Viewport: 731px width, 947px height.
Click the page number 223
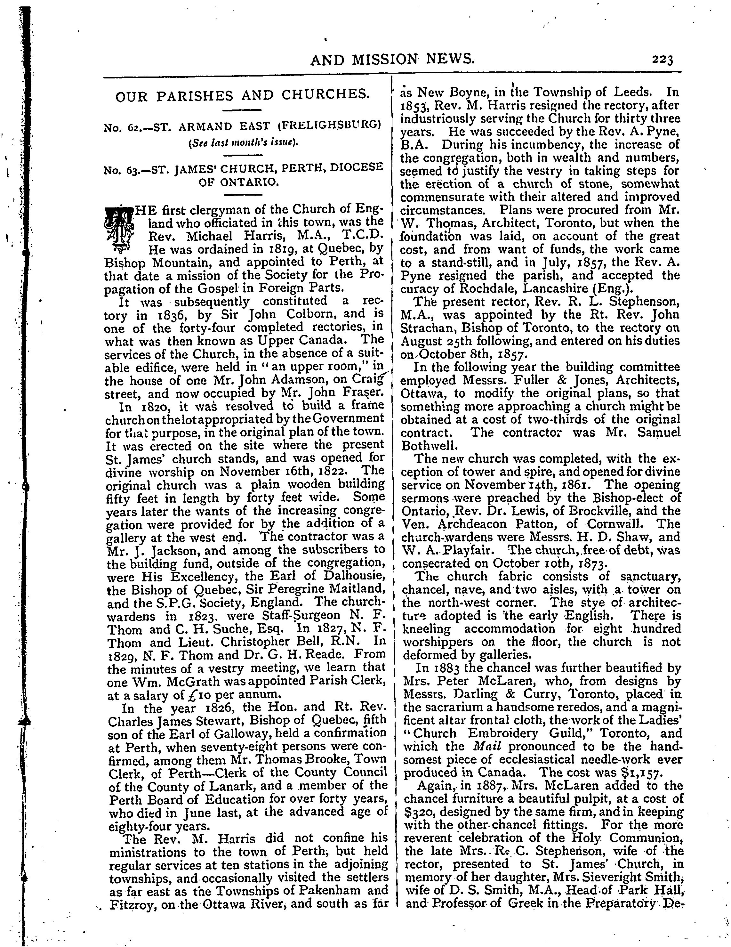(662, 59)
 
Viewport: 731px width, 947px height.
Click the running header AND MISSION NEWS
(392, 59)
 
